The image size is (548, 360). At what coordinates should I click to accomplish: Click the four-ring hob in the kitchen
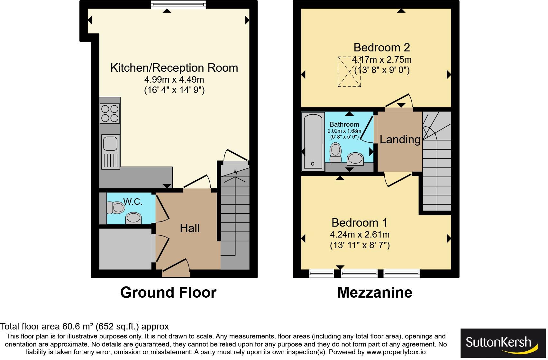tap(110, 113)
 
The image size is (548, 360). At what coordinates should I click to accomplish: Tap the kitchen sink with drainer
tap(110, 152)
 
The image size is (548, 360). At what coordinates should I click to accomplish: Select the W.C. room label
tap(133, 202)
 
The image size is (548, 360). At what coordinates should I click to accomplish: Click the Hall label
tap(189, 228)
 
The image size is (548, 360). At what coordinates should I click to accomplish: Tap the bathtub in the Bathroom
tap(313, 141)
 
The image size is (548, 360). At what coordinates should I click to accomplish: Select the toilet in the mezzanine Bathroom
tap(336, 153)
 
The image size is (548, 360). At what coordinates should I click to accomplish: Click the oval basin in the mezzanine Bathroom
tap(355, 158)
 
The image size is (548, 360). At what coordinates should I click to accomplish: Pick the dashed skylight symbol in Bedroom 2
tap(349, 72)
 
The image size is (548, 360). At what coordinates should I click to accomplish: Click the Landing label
tap(400, 139)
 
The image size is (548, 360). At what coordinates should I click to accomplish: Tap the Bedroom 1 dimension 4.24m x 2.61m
tap(360, 235)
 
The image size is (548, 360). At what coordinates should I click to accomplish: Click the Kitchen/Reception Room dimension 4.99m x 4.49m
tap(174, 79)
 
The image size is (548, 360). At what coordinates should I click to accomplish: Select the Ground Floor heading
tap(168, 292)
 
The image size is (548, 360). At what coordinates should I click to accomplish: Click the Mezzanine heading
tap(375, 292)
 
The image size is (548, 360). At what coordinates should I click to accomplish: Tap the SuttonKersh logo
tap(503, 343)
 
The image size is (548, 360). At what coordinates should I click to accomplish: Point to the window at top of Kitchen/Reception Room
tap(178, 4)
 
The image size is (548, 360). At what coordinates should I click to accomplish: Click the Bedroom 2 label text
tap(381, 48)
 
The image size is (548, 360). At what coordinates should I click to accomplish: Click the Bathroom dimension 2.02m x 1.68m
tap(344, 131)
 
